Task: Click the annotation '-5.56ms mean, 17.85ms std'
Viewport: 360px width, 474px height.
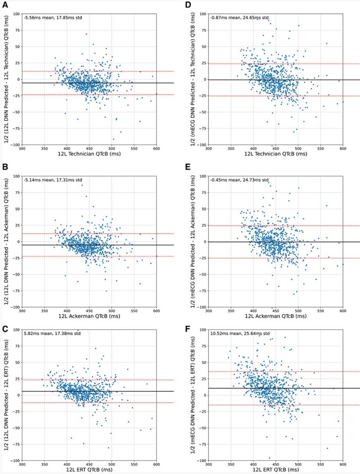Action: pos(53,17)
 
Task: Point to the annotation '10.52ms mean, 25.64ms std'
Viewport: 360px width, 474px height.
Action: pos(240,333)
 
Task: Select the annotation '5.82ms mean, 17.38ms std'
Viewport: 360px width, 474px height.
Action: pos(52,333)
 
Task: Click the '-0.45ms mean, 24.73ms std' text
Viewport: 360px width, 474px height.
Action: pos(239,180)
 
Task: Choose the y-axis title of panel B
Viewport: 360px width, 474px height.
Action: pos(5,242)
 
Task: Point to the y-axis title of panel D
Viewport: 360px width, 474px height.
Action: pos(192,80)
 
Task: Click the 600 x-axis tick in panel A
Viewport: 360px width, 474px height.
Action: pos(156,148)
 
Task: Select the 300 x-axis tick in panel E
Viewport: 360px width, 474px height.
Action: pos(208,311)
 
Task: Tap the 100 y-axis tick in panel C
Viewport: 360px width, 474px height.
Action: pos(16,329)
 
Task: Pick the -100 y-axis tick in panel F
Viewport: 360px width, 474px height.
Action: pos(201,460)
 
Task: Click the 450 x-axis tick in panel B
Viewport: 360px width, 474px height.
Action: pos(89,311)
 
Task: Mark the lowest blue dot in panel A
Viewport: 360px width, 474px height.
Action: pos(113,139)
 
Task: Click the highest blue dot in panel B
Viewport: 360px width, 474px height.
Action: pos(82,185)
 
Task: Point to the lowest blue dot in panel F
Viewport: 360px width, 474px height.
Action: pos(270,458)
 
